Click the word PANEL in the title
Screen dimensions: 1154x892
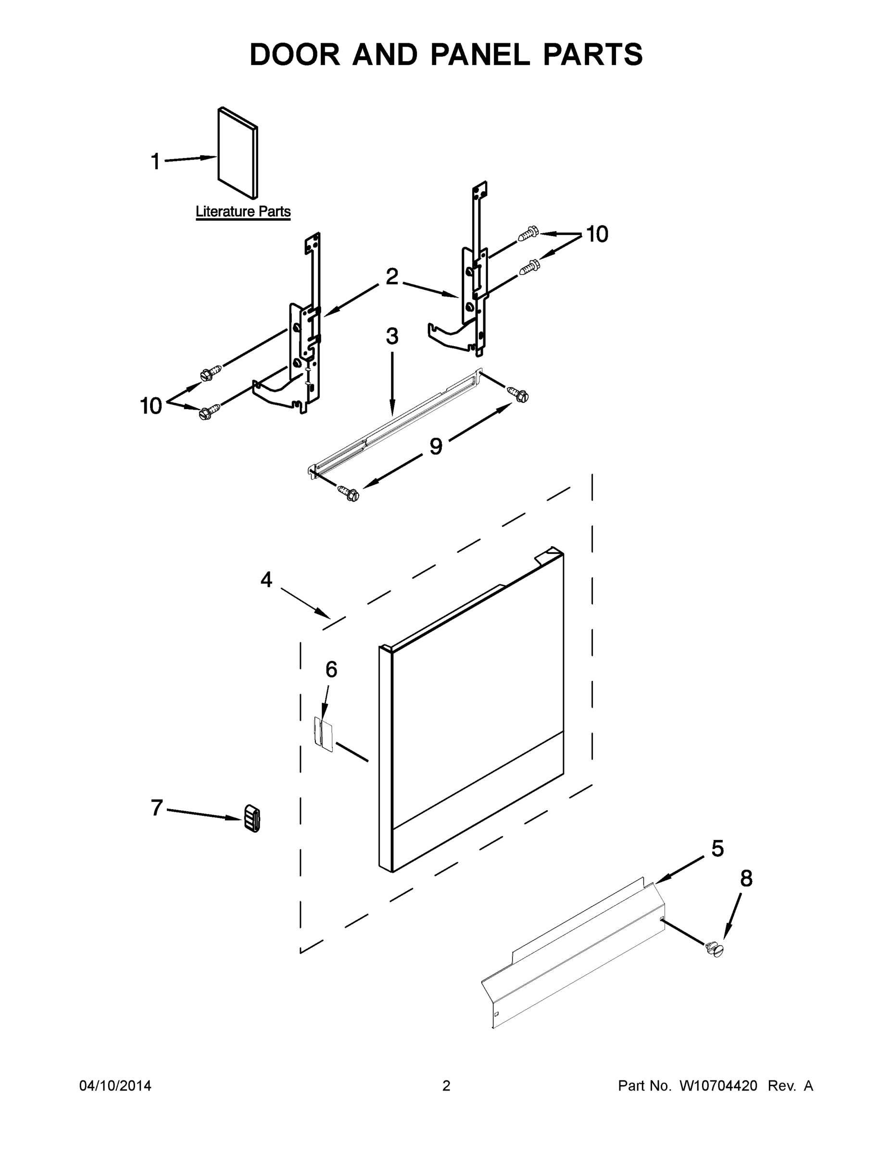tap(480, 54)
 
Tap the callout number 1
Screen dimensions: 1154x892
tap(155, 162)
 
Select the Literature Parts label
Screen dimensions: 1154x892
tap(243, 212)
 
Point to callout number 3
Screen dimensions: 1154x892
tap(391, 336)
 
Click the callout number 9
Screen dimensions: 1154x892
tap(436, 447)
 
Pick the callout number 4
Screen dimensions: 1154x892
tap(266, 580)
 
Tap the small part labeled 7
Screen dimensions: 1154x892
tap(252, 818)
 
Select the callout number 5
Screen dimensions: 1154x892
tap(717, 849)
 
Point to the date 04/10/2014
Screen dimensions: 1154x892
tap(115, 1086)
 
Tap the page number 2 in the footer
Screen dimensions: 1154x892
tap(446, 1086)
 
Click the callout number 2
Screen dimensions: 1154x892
tap(391, 277)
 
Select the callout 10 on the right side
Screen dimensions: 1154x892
tap(597, 234)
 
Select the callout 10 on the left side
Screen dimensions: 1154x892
tap(151, 406)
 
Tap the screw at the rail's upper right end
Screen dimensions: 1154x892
tap(518, 394)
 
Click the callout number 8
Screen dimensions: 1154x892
tap(746, 878)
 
